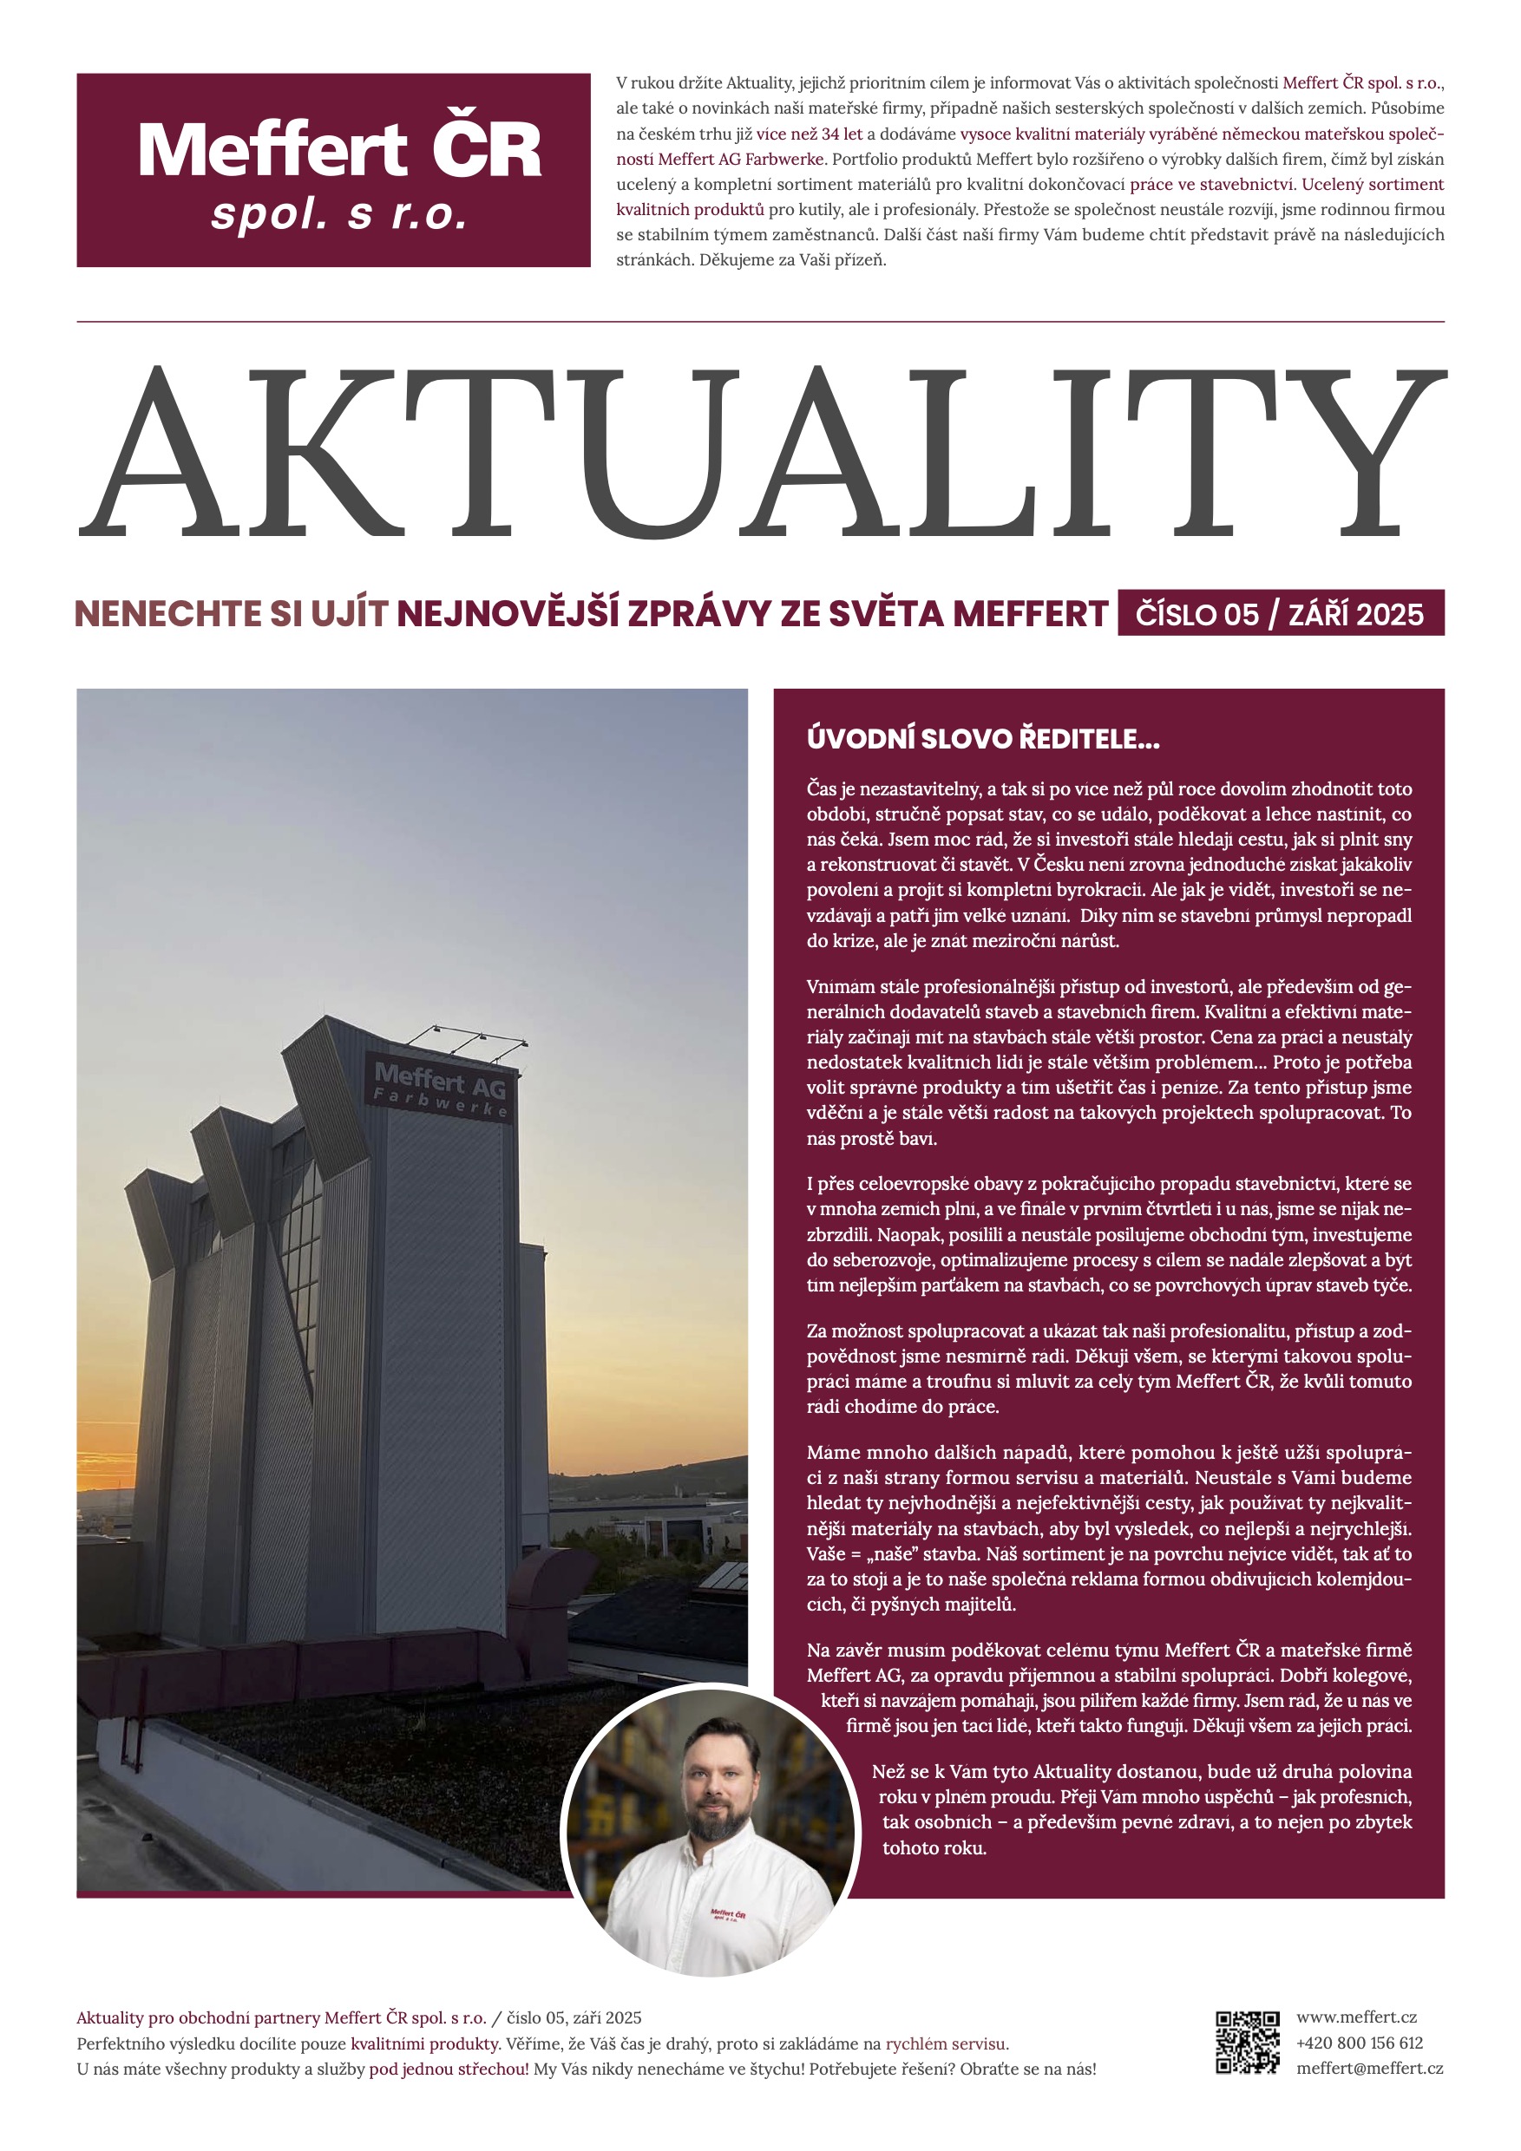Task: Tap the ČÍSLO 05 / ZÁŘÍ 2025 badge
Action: [x=1280, y=613]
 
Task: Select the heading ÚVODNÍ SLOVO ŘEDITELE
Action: [x=982, y=739]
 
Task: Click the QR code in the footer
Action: [x=1248, y=2043]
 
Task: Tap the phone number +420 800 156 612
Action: [x=1359, y=2043]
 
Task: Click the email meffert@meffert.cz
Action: [x=1369, y=2069]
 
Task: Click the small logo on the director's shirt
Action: [x=727, y=1914]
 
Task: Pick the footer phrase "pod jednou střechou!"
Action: [x=449, y=2069]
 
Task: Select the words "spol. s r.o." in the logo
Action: [x=338, y=214]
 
